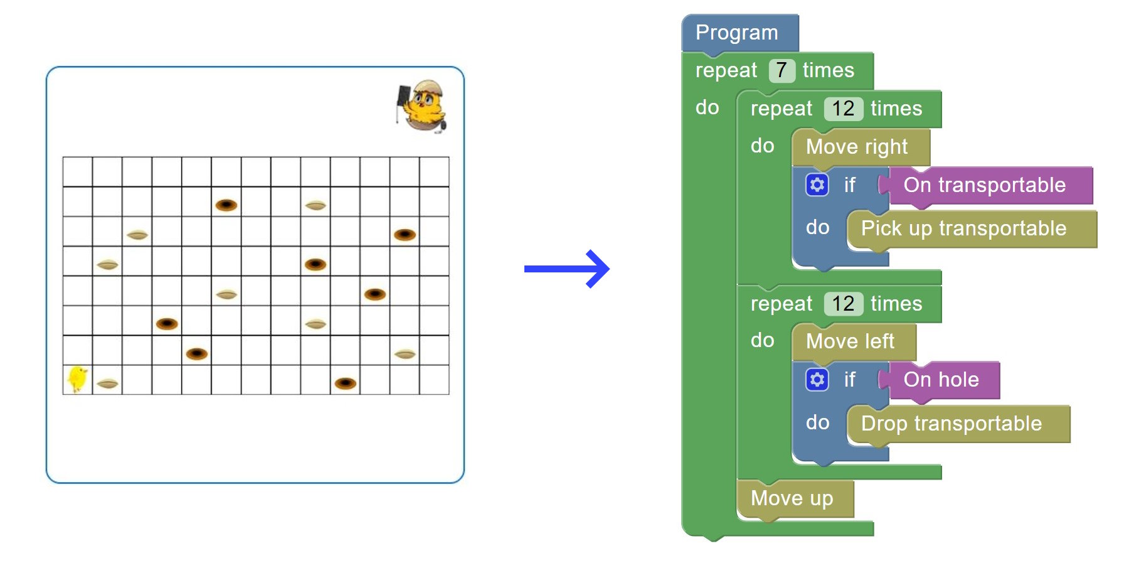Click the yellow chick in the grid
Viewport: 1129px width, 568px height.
coord(77,379)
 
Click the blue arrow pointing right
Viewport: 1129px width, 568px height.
coord(566,269)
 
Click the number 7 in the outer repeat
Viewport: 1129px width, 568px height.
coord(782,70)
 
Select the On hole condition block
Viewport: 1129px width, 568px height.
coord(941,380)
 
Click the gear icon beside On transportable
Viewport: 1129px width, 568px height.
coord(817,185)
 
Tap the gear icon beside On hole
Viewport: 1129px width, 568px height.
coord(817,380)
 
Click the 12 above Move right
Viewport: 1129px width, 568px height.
coord(844,109)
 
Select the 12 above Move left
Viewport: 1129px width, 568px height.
coord(844,304)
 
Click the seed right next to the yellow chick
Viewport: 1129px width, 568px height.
coord(108,383)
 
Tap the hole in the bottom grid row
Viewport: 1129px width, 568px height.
coord(346,383)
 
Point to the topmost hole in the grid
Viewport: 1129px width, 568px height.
coord(226,205)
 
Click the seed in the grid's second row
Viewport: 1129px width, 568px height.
coord(315,205)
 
